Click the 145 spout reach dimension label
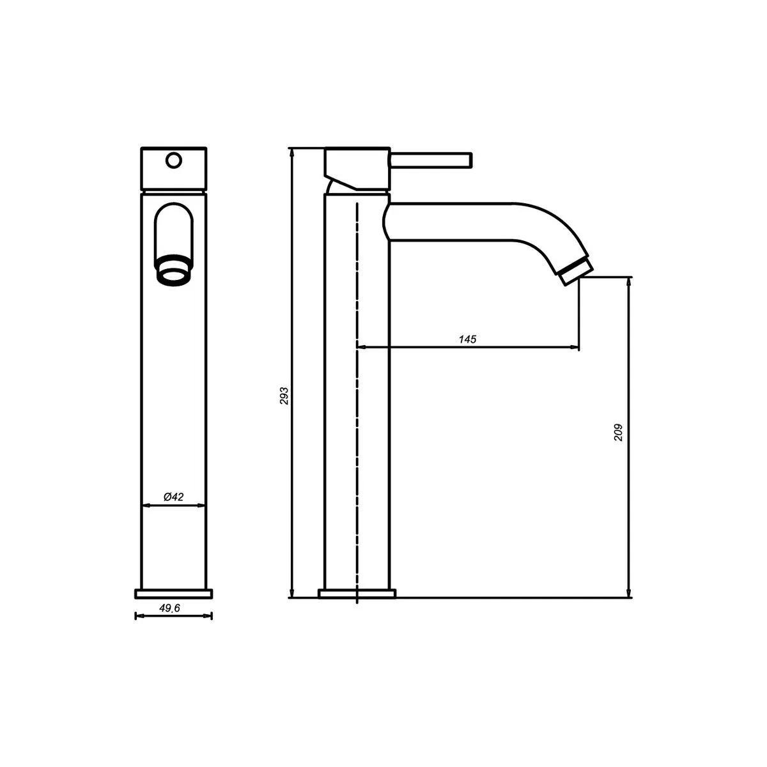click(467, 339)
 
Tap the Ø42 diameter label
click(174, 497)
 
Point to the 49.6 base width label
click(169, 609)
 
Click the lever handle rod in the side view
click(431, 159)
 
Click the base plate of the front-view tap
click(173, 594)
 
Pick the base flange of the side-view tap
click(357, 594)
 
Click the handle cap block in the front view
click(173, 169)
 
